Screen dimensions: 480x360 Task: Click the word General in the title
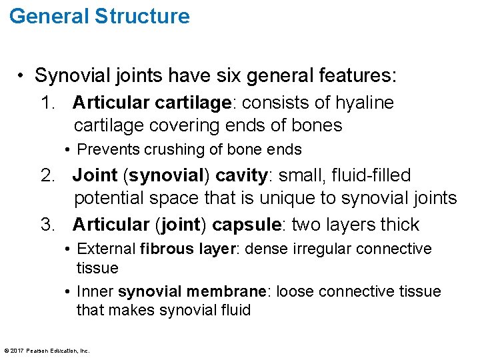click(48, 16)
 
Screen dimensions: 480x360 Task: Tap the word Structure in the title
click(141, 16)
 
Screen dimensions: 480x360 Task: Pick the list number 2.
click(47, 175)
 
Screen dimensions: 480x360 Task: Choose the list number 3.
click(47, 224)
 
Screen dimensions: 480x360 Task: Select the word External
click(107, 249)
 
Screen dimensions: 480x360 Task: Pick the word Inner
click(95, 291)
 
